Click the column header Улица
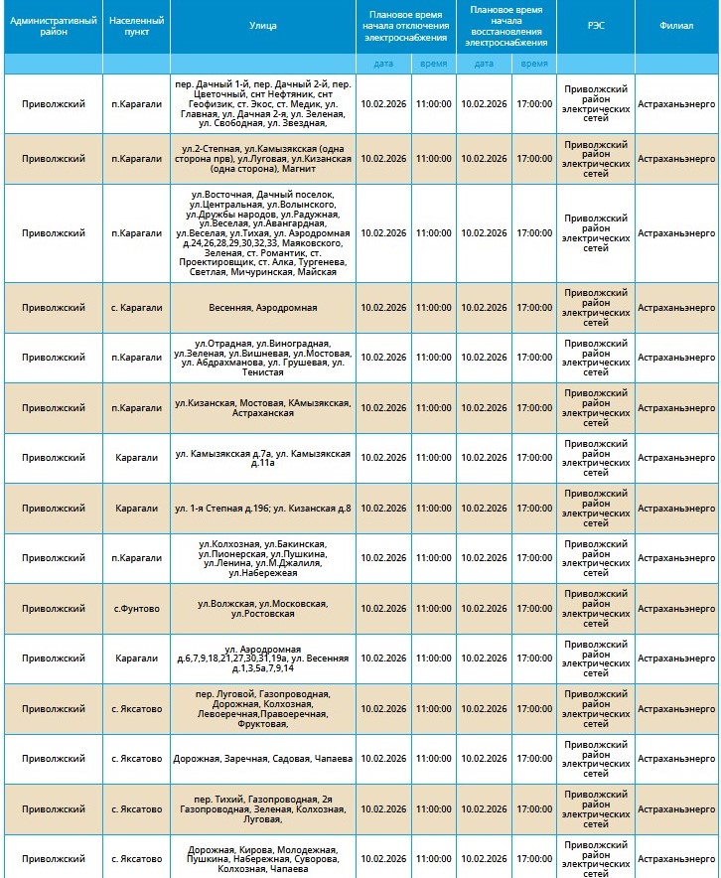coord(263,26)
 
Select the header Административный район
coord(53,26)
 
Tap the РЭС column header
coord(595,26)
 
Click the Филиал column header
coord(677,26)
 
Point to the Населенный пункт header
coord(136,26)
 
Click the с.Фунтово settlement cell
coord(136,609)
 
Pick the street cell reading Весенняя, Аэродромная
coord(263,308)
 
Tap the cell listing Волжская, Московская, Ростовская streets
coord(263,609)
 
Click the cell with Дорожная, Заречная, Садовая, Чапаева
coord(263,759)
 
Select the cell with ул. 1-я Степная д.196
coord(263,509)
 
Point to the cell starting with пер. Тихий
coord(263,809)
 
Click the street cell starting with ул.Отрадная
coord(263,358)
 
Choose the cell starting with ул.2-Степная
coord(263,158)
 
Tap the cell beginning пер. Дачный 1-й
coord(263,103)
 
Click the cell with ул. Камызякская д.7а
coord(263,458)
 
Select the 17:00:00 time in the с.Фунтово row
coord(533,609)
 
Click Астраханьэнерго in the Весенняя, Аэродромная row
coord(677,308)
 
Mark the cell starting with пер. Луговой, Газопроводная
coord(263,709)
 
